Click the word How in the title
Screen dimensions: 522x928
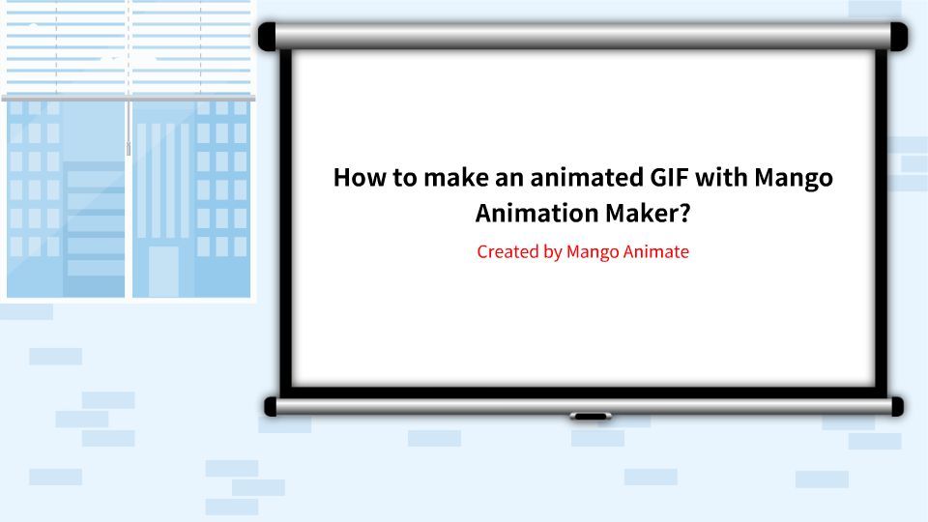pyautogui.click(x=357, y=178)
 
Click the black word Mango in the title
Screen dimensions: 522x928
pyautogui.click(x=793, y=180)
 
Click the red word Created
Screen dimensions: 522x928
pyautogui.click(x=507, y=252)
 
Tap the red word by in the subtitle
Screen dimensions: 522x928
pyautogui.click(x=553, y=253)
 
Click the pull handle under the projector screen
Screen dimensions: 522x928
pyautogui.click(x=590, y=416)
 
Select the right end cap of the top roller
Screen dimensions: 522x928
pyautogui.click(x=898, y=37)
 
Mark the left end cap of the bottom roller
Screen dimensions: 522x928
pyautogui.click(x=272, y=406)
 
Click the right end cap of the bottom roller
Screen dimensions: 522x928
pyautogui.click(x=897, y=406)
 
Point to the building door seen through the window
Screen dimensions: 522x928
pyautogui.click(x=163, y=272)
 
